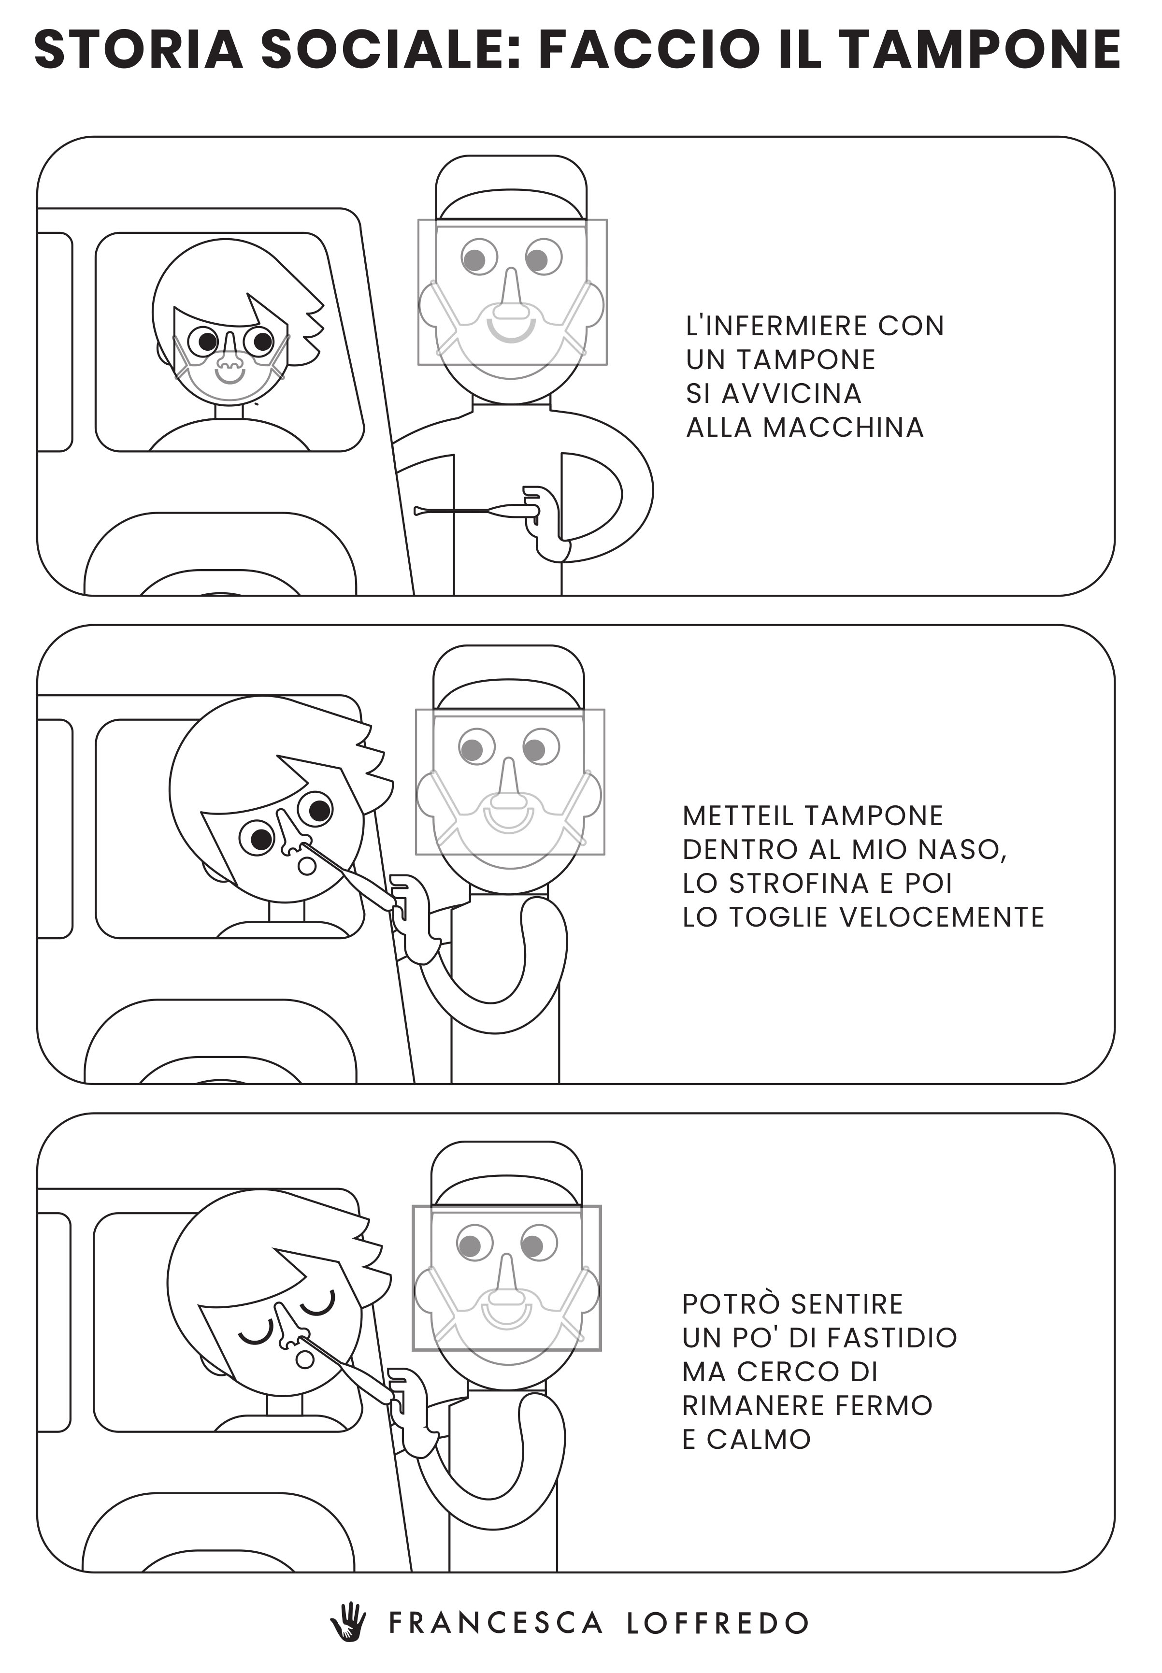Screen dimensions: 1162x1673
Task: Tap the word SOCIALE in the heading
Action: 392,50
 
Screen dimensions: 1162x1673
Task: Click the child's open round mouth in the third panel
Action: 305,1358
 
